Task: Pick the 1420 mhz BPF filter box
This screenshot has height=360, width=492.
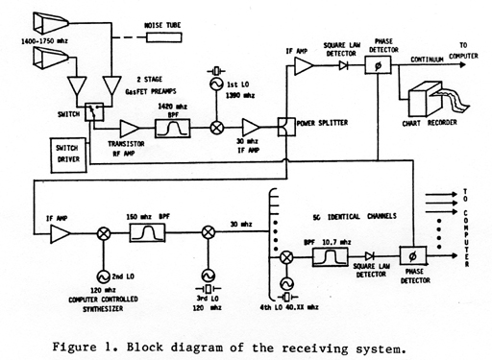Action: point(178,126)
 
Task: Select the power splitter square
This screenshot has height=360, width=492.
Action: point(284,126)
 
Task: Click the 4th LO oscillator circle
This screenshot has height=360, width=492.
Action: point(284,285)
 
